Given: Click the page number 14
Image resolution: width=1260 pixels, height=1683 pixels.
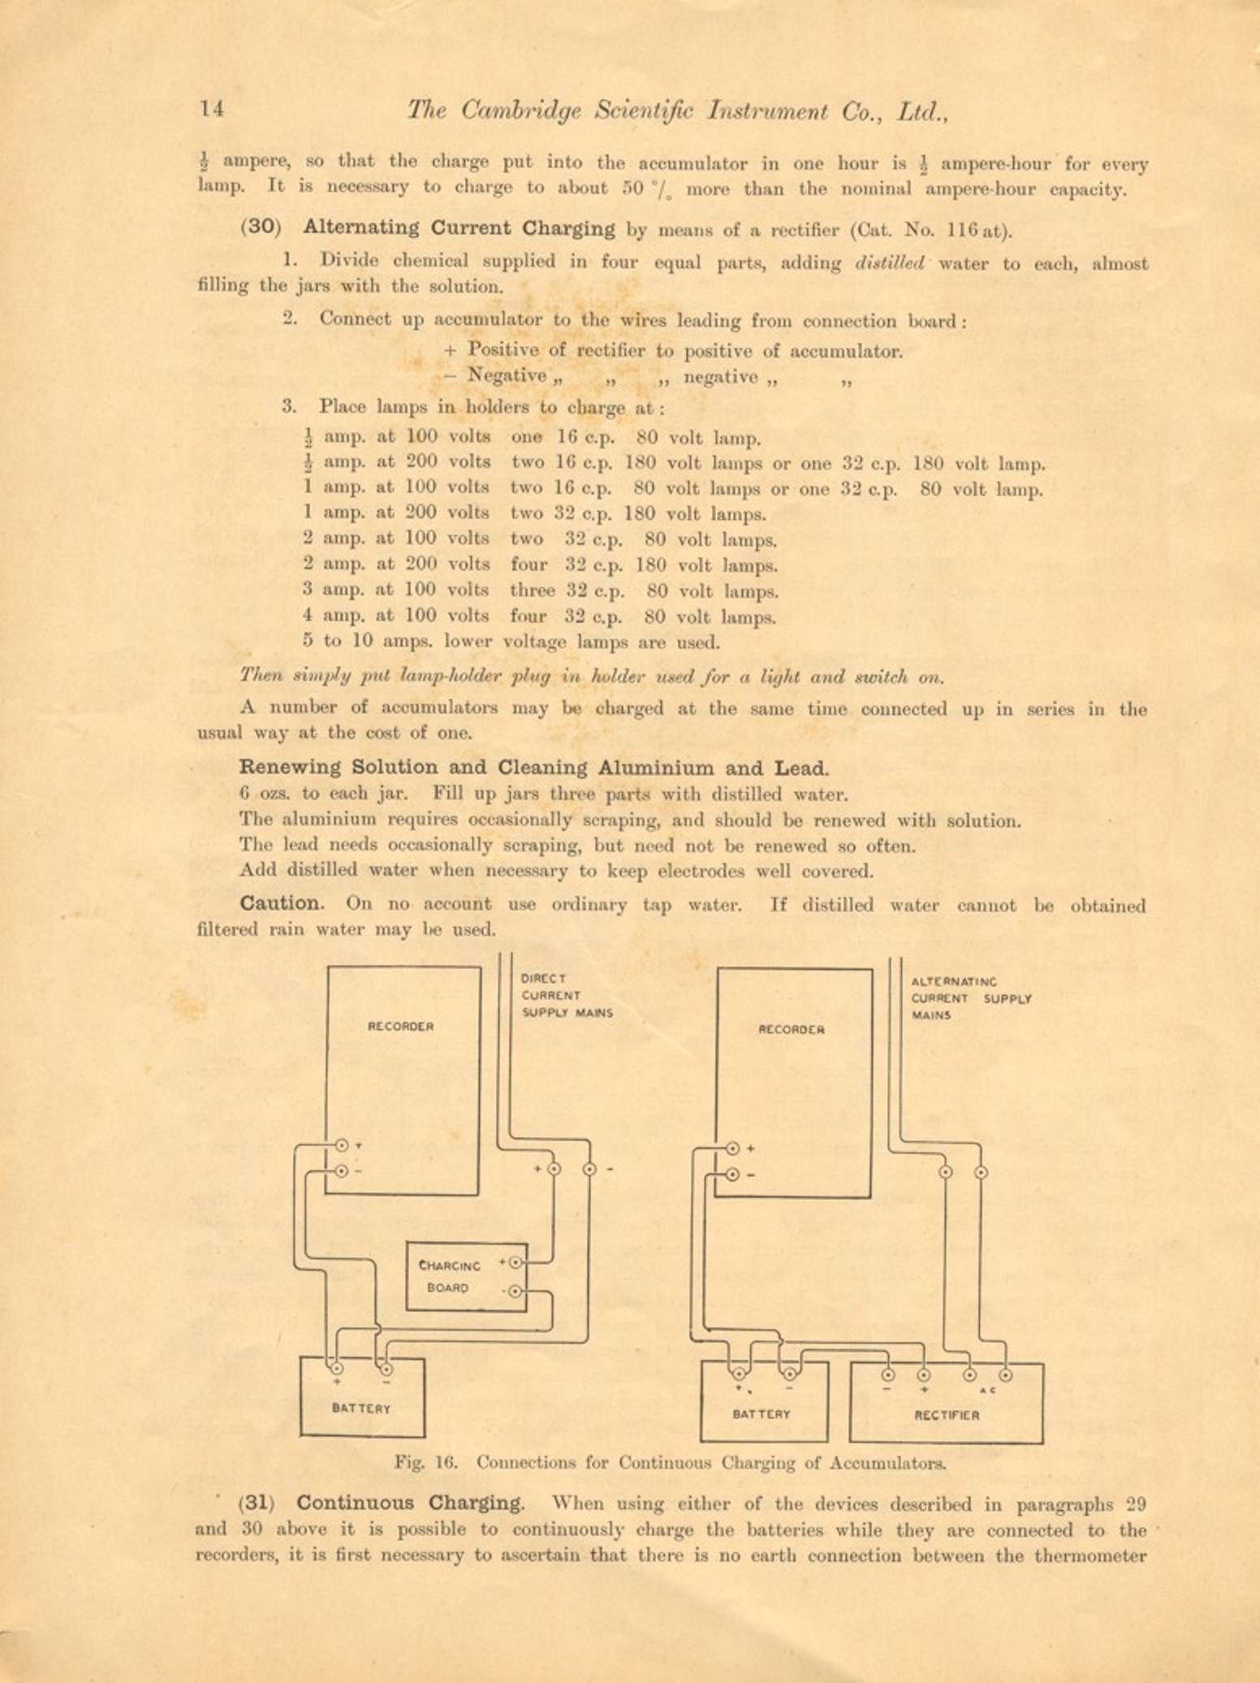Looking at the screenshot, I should [212, 109].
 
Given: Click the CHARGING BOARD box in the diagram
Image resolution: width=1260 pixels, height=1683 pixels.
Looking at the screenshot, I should [466, 1276].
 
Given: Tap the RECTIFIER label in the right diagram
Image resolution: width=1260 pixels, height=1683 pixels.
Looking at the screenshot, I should [947, 1414].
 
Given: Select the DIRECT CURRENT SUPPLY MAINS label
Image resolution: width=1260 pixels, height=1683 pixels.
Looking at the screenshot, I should [566, 995].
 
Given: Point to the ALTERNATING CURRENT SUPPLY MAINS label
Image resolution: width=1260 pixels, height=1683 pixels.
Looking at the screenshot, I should [970, 998].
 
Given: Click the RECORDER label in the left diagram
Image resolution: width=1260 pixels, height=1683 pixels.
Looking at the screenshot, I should [401, 1026].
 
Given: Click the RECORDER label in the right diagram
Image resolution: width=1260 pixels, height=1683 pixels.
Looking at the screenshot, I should [792, 1029].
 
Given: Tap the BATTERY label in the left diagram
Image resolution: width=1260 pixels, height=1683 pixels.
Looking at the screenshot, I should [361, 1408].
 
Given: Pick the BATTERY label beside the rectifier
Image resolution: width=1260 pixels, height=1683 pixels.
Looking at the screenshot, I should [762, 1413].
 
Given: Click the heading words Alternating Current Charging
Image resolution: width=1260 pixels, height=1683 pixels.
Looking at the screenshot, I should [459, 228].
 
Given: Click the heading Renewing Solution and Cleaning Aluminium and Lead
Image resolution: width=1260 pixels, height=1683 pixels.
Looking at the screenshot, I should [533, 768].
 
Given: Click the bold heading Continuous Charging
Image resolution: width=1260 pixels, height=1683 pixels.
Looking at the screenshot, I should [410, 1502].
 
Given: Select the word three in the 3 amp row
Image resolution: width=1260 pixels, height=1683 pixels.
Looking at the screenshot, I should [533, 591].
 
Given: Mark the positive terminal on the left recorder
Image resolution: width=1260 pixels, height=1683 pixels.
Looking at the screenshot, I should [342, 1145].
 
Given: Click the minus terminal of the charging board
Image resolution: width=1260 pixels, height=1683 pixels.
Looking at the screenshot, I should [515, 1291].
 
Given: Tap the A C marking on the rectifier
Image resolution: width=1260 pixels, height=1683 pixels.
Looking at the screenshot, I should [987, 1391].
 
